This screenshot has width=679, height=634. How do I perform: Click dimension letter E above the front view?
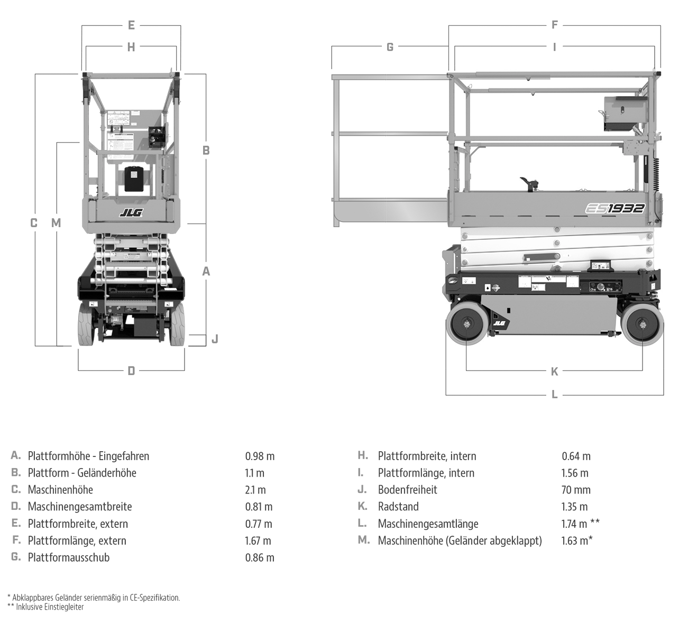coord(131,25)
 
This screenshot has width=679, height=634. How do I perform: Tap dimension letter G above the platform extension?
coord(390,47)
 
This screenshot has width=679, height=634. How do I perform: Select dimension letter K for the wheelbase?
coord(554,371)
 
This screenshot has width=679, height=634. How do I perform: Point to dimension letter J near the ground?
coord(215,339)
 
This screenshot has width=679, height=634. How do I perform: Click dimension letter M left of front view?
coord(56,223)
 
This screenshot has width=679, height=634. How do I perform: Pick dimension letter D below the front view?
coord(131,371)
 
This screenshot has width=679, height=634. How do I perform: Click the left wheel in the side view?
coord(466,324)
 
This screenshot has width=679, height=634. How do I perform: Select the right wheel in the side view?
coord(643,324)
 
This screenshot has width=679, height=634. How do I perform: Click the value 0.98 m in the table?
coord(260,456)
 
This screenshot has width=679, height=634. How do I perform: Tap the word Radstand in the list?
coord(398,507)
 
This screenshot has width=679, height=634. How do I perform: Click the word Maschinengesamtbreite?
coord(80,507)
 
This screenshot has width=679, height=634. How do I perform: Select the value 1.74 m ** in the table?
coord(580,524)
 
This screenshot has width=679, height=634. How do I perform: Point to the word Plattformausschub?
coord(69,557)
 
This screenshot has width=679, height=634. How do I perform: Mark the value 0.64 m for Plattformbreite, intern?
coord(576,456)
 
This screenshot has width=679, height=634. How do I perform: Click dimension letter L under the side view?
coord(554,394)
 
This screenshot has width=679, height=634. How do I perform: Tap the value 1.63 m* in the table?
coord(576,540)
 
